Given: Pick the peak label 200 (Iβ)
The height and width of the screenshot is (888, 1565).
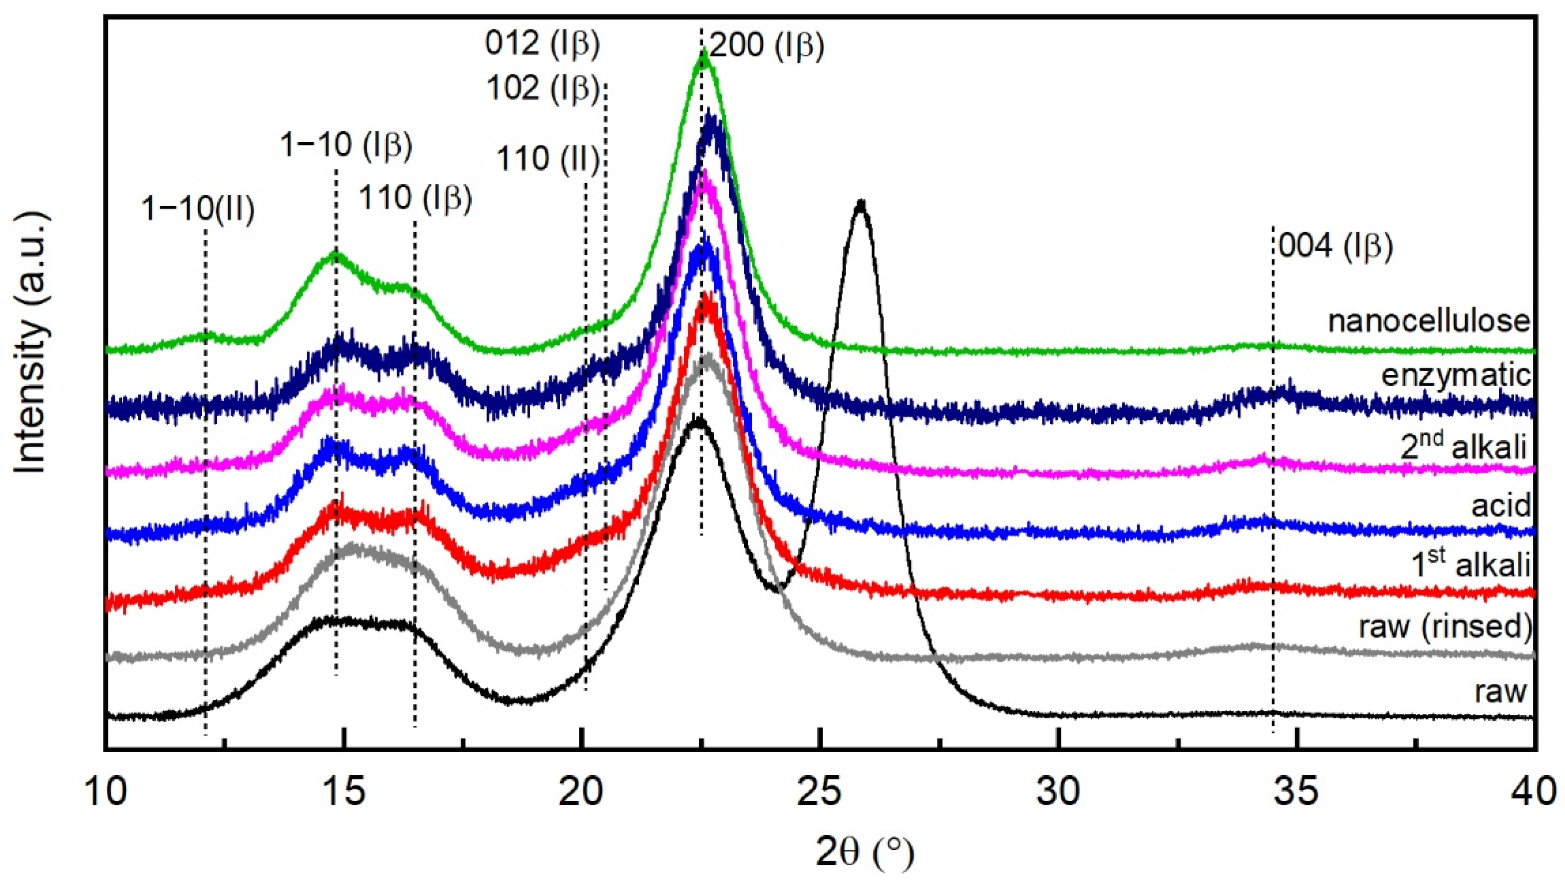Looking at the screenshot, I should click(766, 45).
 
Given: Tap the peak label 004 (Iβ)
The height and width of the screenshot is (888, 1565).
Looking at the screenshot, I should click(1336, 247).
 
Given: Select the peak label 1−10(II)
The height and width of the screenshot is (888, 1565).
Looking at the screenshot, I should click(198, 209).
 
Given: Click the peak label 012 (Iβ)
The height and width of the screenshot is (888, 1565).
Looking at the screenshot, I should click(543, 44).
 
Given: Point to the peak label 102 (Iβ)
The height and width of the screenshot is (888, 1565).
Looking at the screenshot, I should click(543, 89).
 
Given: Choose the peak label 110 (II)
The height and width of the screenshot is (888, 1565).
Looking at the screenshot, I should click(548, 159).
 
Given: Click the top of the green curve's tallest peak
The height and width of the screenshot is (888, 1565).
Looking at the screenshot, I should click(703, 52).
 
